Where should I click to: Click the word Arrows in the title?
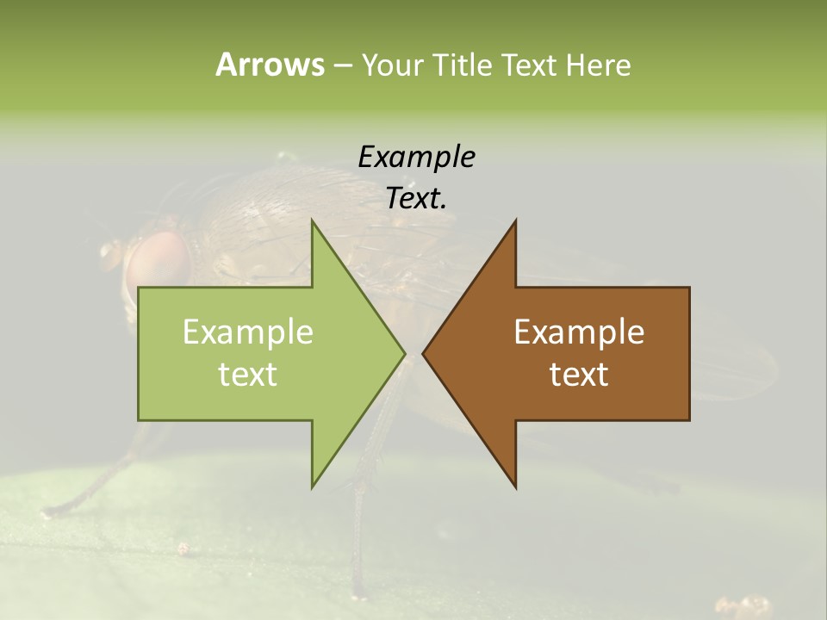pos(270,65)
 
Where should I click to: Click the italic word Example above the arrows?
pos(417,157)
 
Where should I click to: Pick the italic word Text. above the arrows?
pos(417,198)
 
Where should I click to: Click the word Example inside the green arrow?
pos(248,332)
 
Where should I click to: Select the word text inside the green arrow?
pos(248,375)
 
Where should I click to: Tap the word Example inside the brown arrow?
pos(579,332)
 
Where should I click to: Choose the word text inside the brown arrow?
pos(579,375)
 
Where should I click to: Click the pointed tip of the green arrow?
pos(404,353)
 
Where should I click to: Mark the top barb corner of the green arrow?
pos(312,220)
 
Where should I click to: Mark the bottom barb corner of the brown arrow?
pos(516,487)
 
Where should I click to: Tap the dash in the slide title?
pos(342,65)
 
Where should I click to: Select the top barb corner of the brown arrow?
pos(516,220)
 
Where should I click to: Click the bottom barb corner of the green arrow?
pos(312,487)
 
